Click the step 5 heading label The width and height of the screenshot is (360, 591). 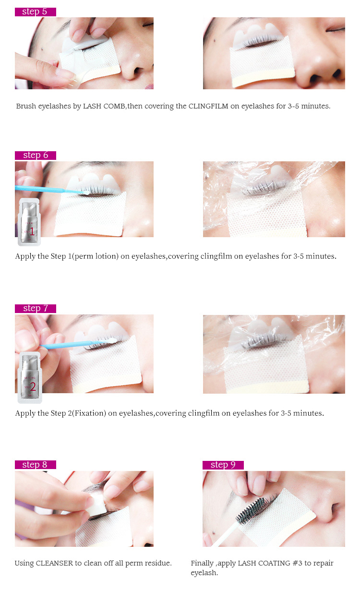pyautogui.click(x=35, y=12)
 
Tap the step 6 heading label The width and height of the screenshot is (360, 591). pyautogui.click(x=35, y=155)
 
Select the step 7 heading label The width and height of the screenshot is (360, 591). pyautogui.click(x=35, y=308)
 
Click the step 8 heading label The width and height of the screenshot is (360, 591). pyautogui.click(x=35, y=464)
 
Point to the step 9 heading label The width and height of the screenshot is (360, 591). pyautogui.click(x=223, y=464)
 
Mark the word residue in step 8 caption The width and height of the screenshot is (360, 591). pyautogui.click(x=157, y=563)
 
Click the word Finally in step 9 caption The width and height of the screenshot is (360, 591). pyautogui.click(x=203, y=563)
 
